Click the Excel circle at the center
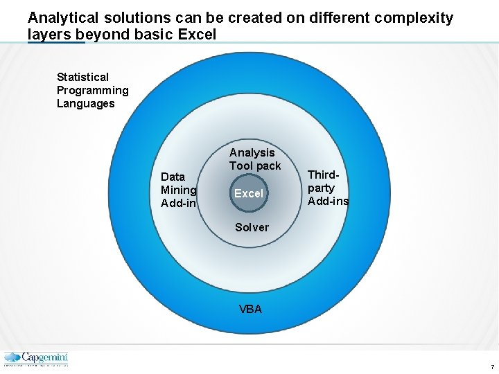(249, 194)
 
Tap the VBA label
(250, 310)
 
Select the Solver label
(252, 227)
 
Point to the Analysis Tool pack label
(254, 159)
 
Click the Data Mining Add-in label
(179, 190)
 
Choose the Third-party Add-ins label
(328, 188)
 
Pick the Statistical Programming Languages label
(92, 90)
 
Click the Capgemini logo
(36, 359)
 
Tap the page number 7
(491, 366)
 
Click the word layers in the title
(49, 34)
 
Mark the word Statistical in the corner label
(82, 77)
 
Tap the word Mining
(179, 190)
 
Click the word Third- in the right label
(323, 175)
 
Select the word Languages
(85, 103)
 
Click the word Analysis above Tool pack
(252, 152)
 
